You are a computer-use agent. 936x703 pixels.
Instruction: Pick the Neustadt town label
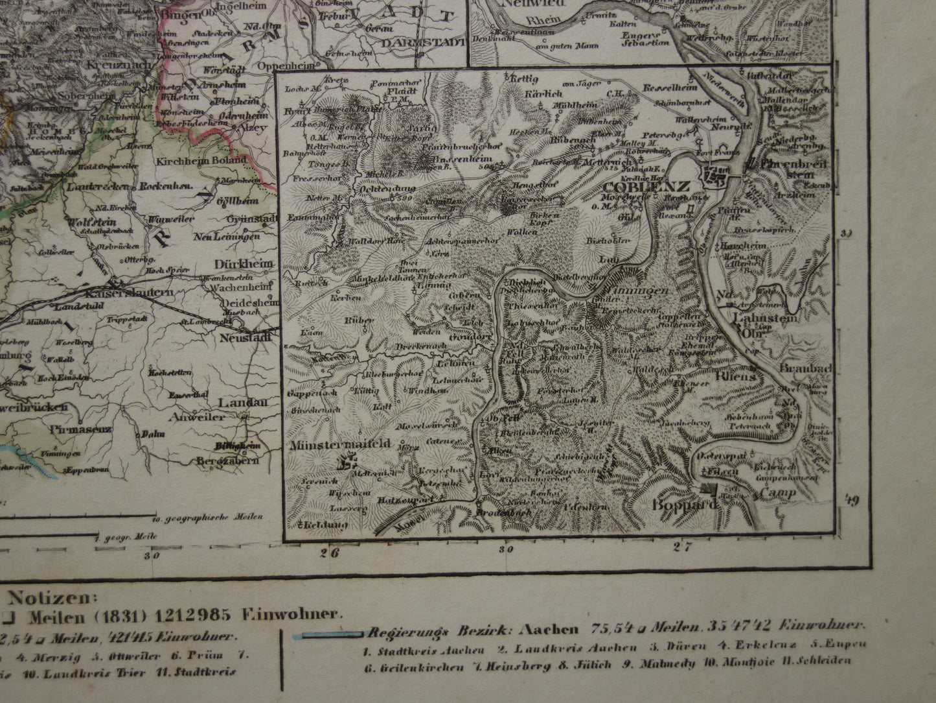point(245,339)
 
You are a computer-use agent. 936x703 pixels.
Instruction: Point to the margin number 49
point(852,499)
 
